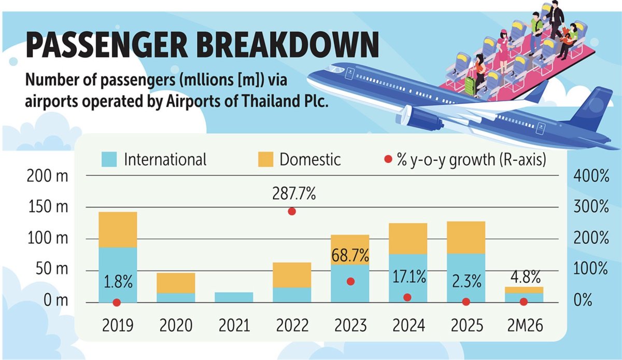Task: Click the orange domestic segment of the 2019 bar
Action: (118, 230)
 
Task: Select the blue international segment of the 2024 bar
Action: (408, 278)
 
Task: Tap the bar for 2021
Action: (234, 297)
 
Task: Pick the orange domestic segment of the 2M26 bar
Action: (524, 290)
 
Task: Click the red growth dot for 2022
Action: (291, 212)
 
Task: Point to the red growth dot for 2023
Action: (351, 282)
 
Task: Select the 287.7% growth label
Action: (294, 193)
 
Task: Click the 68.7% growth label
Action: (350, 255)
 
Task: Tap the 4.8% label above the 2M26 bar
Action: (526, 277)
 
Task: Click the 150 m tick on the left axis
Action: (48, 207)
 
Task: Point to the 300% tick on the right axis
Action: (591, 207)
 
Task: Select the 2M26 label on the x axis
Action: (525, 325)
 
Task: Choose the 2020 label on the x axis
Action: (176, 325)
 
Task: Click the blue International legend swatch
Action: (109, 159)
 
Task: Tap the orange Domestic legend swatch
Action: (265, 159)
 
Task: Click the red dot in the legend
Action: (388, 159)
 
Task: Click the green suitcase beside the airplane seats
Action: (470, 86)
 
